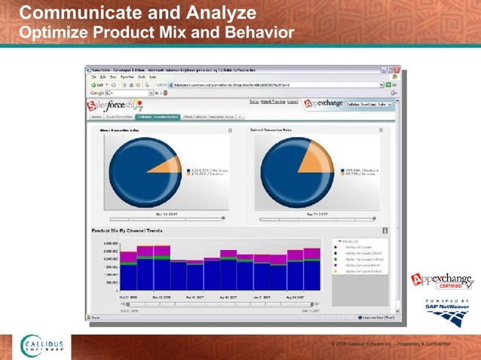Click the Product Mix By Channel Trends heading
pos(127,230)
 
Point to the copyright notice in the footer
pos(384,343)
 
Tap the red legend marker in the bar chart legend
pos(335,244)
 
